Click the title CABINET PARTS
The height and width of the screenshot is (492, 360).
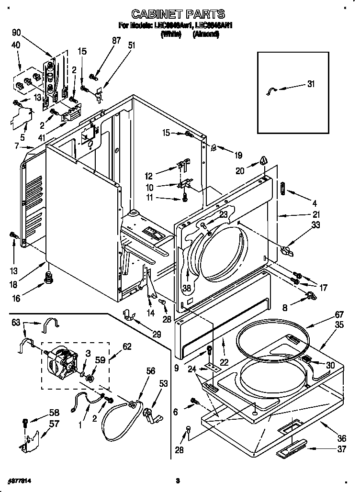[178, 14]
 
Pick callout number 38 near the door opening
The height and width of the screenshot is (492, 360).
[186, 288]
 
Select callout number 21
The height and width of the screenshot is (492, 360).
[316, 214]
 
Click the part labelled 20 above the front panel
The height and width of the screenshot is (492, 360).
[263, 161]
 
